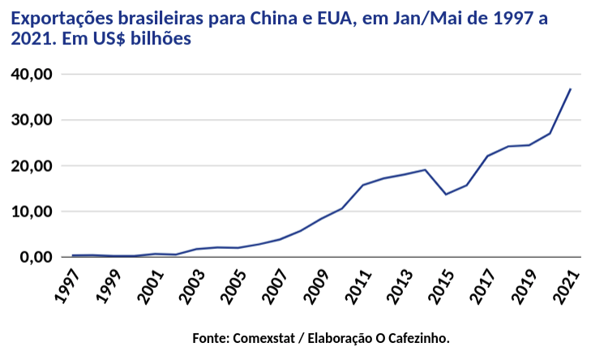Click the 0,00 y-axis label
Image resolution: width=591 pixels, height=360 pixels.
(x=36, y=257)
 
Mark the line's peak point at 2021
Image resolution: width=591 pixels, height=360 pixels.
(x=571, y=89)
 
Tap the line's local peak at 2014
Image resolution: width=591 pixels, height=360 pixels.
(x=425, y=169)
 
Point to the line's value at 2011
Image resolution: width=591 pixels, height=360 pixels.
(x=362, y=185)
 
